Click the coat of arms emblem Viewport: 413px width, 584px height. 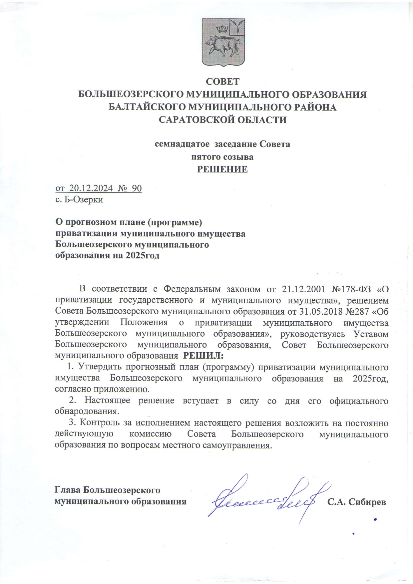pyautogui.click(x=223, y=42)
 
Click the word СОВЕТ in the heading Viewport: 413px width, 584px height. pyautogui.click(x=223, y=82)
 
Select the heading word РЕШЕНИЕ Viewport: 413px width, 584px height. pyautogui.click(x=222, y=169)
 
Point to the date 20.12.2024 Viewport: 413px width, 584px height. pyautogui.click(x=90, y=188)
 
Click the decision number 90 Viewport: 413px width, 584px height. pyautogui.click(x=137, y=188)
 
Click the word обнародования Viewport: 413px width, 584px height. pyautogui.click(x=87, y=411)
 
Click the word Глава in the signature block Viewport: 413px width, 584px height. pyautogui.click(x=68, y=490)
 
